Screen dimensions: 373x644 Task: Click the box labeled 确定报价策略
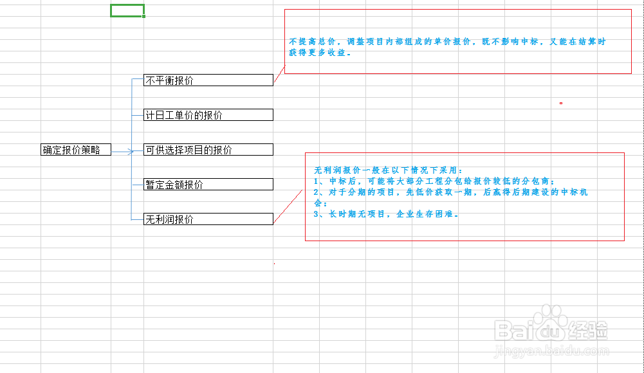click(75, 150)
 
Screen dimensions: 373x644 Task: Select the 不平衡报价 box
click(208, 80)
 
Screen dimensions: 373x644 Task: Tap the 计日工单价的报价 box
click(208, 115)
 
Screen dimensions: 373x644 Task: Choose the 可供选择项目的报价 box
click(208, 150)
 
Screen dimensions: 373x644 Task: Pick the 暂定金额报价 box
click(208, 185)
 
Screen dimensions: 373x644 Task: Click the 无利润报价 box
click(208, 219)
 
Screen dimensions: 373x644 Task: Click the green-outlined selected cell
click(127, 10)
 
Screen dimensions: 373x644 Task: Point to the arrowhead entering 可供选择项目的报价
click(132, 151)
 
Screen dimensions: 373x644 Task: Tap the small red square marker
click(561, 103)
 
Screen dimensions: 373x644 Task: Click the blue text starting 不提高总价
click(447, 42)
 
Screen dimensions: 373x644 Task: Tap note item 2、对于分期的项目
click(450, 192)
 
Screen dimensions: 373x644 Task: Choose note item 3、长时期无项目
click(386, 214)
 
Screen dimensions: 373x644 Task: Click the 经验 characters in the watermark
click(588, 331)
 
